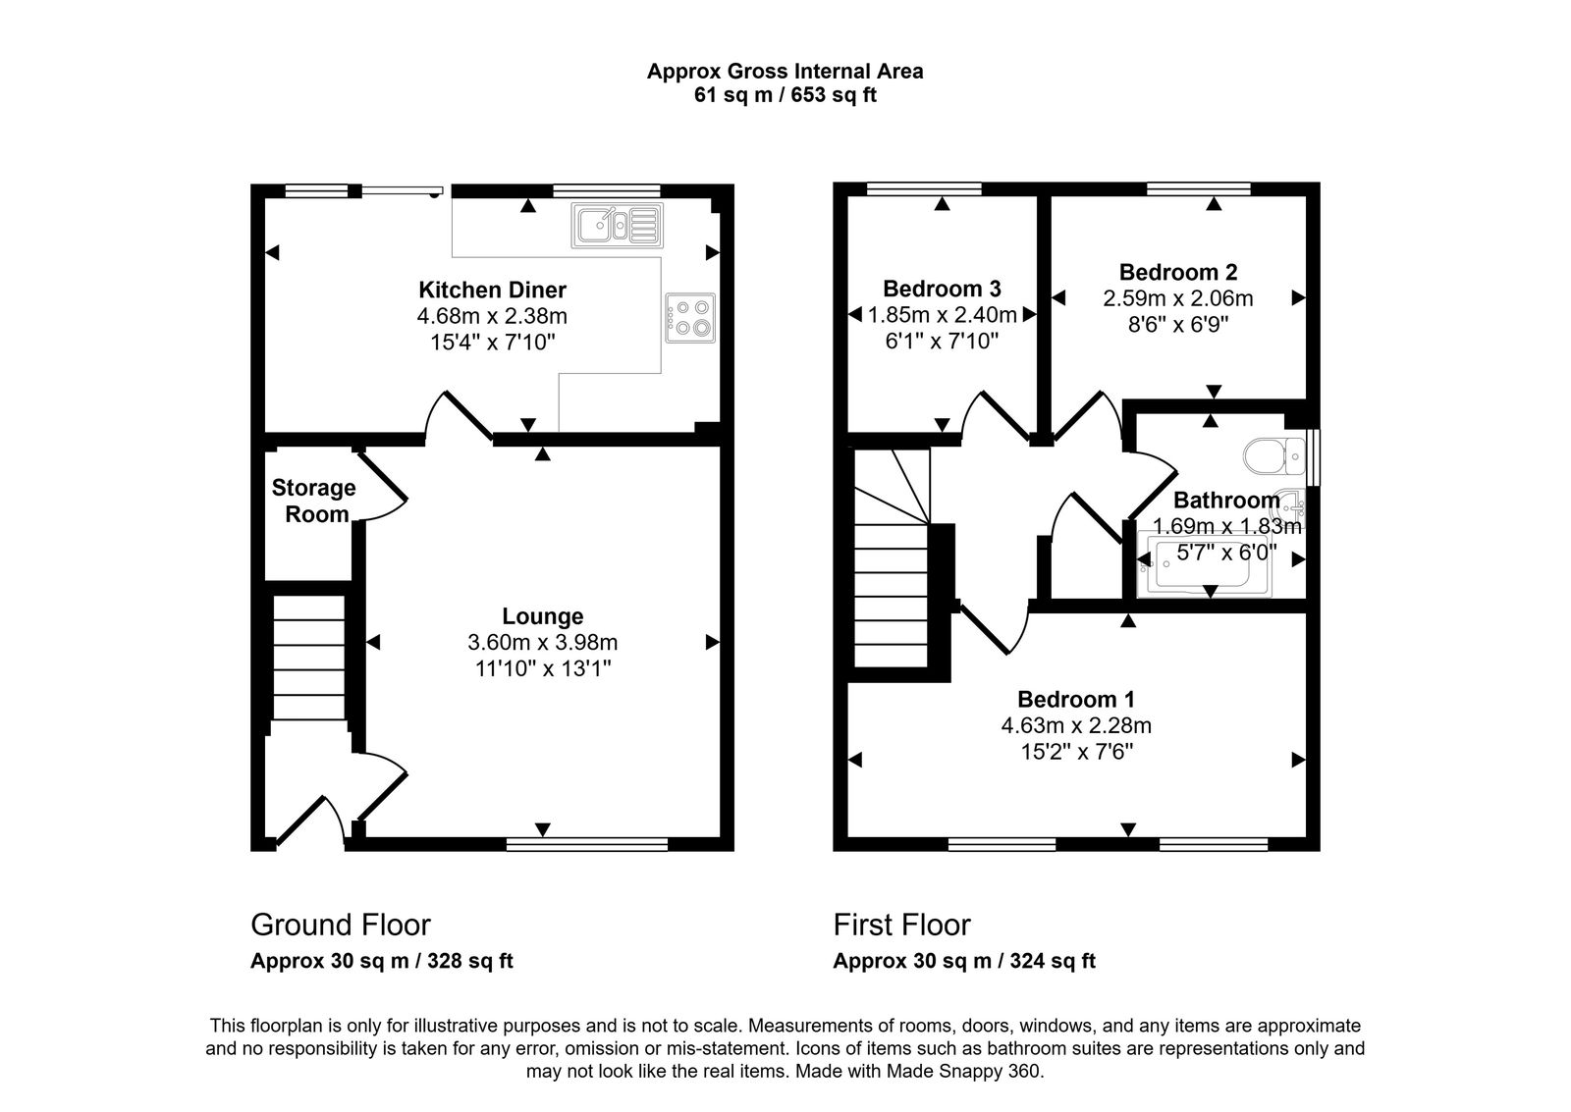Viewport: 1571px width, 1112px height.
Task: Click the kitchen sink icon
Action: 618,226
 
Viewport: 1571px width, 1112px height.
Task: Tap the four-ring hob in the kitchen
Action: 690,318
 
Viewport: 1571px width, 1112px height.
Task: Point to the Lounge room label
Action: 542,616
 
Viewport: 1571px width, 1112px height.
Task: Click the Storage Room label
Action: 313,501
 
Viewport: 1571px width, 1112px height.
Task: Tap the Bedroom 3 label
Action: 942,289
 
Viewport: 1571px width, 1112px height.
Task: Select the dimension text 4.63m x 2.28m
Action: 1075,726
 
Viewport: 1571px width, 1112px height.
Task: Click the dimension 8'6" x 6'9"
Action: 1177,324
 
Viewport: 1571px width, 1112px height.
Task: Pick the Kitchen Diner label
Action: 492,290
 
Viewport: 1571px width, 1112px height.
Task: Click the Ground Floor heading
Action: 341,925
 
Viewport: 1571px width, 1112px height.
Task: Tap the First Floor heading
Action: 901,925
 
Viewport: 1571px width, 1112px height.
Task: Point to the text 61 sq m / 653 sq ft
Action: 785,96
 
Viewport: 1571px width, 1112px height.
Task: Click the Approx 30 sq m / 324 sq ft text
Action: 963,961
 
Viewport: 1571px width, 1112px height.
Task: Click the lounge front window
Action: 587,843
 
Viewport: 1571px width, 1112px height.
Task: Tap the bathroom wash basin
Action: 1291,506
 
